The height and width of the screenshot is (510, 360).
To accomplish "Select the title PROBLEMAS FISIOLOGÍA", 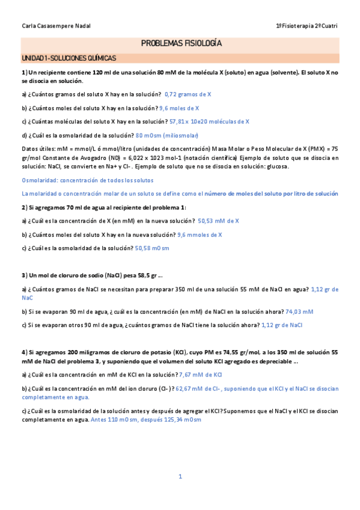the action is tap(181, 44).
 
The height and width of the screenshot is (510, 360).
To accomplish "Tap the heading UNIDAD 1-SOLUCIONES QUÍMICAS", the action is tap(69, 58).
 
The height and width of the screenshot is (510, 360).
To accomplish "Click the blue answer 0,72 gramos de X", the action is tap(188, 94).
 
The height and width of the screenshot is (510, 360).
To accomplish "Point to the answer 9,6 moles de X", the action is tap(179, 108).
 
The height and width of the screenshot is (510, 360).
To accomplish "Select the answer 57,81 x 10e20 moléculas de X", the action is tap(209, 121).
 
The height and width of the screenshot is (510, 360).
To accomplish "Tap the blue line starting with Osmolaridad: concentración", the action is tap(87, 180).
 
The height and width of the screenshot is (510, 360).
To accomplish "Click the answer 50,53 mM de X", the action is tap(218, 221).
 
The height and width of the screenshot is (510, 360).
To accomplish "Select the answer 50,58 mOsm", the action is tap(152, 248).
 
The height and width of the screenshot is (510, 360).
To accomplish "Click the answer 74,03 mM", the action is tap(299, 312).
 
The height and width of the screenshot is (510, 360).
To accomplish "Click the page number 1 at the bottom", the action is tap(180, 477).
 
